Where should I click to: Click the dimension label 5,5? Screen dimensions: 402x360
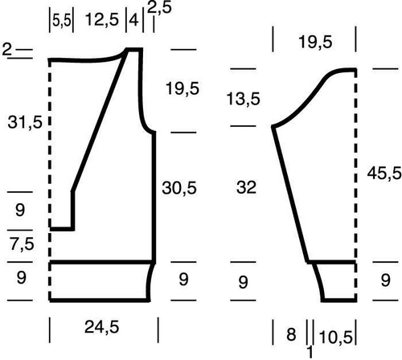62,21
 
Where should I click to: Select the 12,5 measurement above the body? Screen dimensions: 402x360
102,20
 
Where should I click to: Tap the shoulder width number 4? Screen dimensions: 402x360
133,20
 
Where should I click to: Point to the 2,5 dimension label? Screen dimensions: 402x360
159,7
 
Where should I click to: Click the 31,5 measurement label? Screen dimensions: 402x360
25,122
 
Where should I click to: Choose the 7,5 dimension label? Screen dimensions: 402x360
23,244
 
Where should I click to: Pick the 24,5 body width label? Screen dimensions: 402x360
102,327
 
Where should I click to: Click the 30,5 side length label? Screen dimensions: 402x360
179,187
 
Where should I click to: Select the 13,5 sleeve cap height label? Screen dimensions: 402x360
244,99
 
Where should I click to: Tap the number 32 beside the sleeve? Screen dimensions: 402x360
246,187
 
